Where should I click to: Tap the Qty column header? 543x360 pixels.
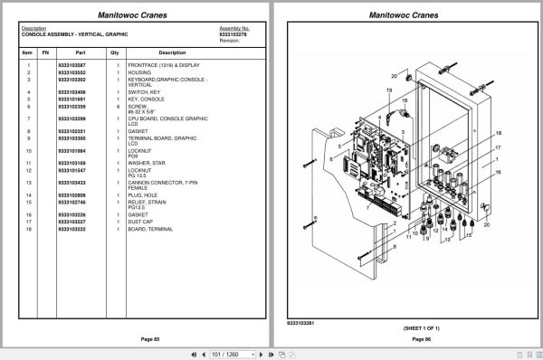(115, 52)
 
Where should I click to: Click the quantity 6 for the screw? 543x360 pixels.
(118, 107)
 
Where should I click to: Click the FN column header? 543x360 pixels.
(45, 52)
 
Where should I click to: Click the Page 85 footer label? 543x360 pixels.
(137, 338)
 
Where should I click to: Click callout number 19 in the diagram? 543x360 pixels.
(388, 91)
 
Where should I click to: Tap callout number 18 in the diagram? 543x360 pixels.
(497, 134)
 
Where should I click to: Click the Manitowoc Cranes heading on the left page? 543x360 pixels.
(137, 14)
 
